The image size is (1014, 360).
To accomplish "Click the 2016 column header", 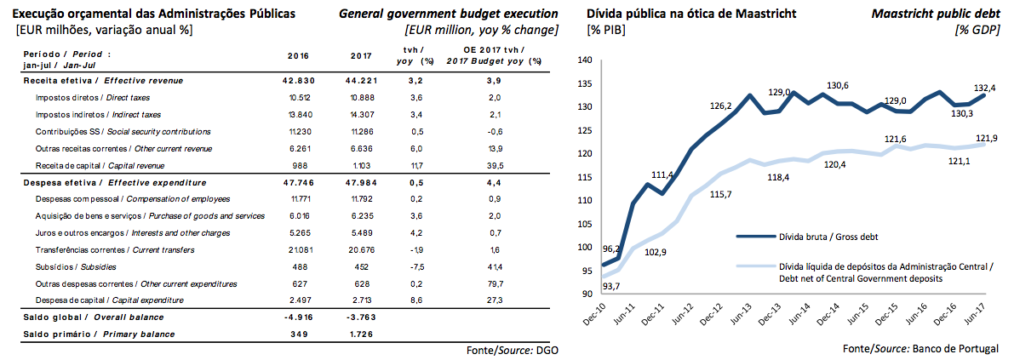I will coord(298,57).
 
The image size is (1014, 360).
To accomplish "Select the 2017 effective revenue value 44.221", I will coord(361,81).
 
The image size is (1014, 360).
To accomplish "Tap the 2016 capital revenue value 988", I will coord(304,165).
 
